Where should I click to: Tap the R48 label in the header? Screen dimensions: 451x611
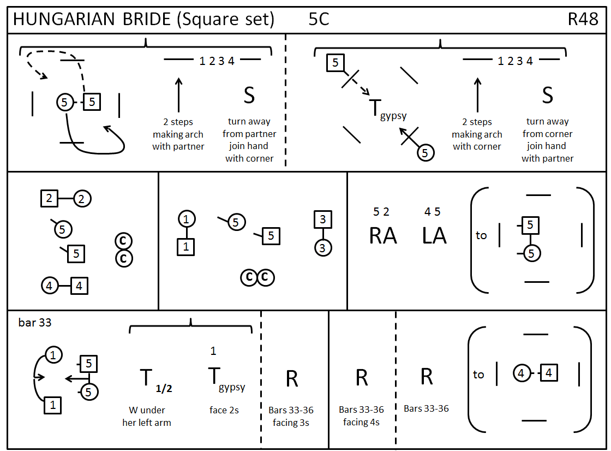click(x=583, y=19)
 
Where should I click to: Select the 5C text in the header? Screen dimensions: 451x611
click(x=319, y=19)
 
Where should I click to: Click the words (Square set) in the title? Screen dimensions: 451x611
click(x=225, y=19)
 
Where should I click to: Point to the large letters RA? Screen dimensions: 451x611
click(x=383, y=235)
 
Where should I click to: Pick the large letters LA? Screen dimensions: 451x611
click(x=434, y=235)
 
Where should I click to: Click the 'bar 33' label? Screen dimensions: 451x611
click(x=35, y=322)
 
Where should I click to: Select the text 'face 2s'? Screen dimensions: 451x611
click(x=224, y=410)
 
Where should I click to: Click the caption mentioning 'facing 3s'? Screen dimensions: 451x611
click(x=291, y=416)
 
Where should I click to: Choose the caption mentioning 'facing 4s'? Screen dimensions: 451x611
click(x=361, y=416)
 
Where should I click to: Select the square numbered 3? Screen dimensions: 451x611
click(x=323, y=220)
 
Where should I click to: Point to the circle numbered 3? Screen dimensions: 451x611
click(x=323, y=247)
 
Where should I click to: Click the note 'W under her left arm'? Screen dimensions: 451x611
click(x=147, y=416)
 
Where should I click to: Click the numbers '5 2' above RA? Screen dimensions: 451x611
click(x=381, y=211)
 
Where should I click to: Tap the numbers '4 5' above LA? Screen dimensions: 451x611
click(x=433, y=211)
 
